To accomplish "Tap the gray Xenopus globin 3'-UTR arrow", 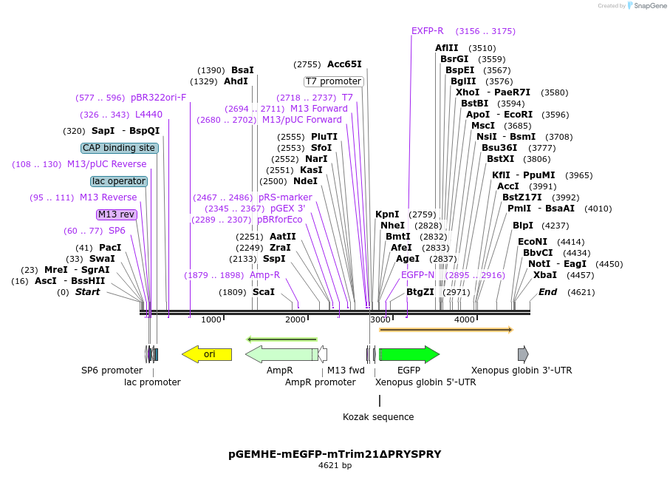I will tap(523, 354).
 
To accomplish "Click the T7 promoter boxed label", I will tap(333, 81).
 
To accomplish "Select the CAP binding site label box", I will tap(119, 148).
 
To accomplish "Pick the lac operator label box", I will tap(119, 181).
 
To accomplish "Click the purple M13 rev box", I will tap(117, 214).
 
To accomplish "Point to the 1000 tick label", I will tap(211, 319).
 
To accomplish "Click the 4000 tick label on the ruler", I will tap(464, 319).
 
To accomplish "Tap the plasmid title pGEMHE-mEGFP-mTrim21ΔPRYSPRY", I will tap(335, 453).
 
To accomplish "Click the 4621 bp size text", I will tap(335, 466).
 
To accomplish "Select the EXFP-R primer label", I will tap(427, 31).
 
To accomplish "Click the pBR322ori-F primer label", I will tap(158, 98).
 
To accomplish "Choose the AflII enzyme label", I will tap(446, 48).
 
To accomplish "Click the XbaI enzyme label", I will tap(544, 275).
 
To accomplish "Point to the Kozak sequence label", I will tap(378, 417).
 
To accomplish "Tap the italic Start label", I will tap(87, 292).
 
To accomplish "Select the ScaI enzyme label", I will tap(263, 292).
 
